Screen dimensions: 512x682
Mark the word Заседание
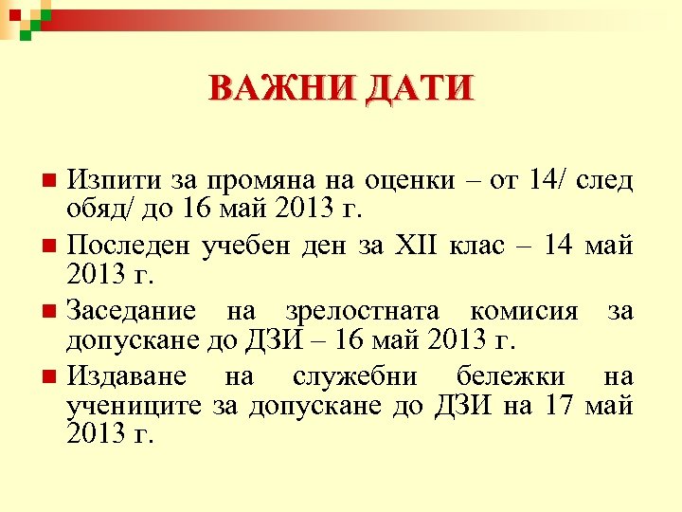(132, 311)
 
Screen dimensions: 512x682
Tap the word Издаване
(125, 377)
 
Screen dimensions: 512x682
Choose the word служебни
(353, 377)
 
